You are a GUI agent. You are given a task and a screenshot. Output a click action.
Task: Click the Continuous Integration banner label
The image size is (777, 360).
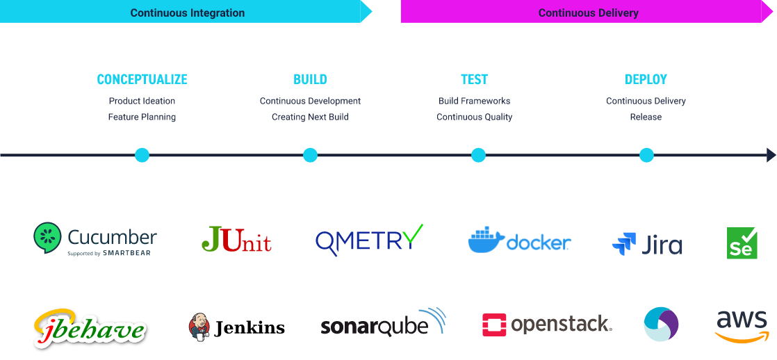[188, 13]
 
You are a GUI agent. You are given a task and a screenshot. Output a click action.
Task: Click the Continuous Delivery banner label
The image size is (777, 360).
[588, 13]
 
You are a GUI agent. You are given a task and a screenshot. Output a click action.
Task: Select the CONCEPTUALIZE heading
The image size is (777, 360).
[142, 79]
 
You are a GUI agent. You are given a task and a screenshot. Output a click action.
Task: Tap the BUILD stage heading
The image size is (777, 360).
[310, 79]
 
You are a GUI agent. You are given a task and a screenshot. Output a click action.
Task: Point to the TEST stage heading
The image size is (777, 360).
[474, 79]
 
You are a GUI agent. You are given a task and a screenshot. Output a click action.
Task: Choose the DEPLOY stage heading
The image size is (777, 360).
[646, 79]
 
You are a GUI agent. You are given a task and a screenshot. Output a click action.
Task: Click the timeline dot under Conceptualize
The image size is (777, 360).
[142, 155]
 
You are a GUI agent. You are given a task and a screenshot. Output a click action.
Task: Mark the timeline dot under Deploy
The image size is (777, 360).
[646, 155]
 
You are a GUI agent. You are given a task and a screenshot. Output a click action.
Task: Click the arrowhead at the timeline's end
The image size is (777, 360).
[771, 155]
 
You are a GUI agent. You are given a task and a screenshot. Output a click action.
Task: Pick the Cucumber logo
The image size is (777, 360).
[95, 239]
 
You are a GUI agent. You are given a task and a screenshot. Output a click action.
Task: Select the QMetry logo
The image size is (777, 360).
[369, 240]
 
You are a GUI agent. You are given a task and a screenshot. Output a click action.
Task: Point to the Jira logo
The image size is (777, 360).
[647, 245]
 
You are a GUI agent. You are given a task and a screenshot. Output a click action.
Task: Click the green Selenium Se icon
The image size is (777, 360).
[742, 243]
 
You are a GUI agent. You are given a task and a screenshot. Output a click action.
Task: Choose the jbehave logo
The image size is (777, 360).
[90, 328]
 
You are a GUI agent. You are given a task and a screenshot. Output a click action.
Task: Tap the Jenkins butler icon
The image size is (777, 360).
[199, 326]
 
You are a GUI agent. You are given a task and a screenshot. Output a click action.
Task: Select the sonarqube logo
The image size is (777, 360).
[383, 323]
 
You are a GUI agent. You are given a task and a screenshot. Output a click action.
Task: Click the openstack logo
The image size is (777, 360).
[547, 324]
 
